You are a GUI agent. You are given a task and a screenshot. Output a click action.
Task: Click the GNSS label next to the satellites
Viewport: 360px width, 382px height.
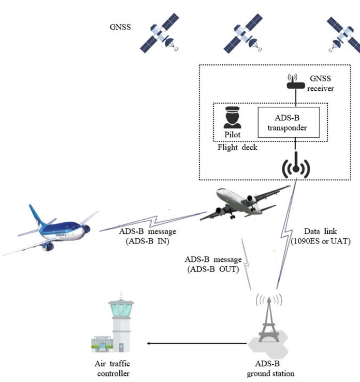pos(120,27)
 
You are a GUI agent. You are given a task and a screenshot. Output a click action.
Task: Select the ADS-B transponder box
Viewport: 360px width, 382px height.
pos(288,122)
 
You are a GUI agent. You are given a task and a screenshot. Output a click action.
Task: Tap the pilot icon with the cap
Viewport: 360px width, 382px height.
pos(232,118)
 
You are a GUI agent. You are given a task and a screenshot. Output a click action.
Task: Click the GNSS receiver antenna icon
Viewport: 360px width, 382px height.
pos(296,82)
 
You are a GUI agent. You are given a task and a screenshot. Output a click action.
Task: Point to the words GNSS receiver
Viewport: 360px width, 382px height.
pos(321,83)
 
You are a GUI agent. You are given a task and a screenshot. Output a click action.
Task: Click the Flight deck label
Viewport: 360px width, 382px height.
pos(238,147)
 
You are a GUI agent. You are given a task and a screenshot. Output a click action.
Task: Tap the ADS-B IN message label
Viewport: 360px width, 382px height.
pos(147,236)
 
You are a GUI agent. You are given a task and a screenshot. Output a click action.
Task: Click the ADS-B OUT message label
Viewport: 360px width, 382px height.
pos(213,265)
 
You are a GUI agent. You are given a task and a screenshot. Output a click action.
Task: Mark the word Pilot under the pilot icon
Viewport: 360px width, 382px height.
pos(233,134)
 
